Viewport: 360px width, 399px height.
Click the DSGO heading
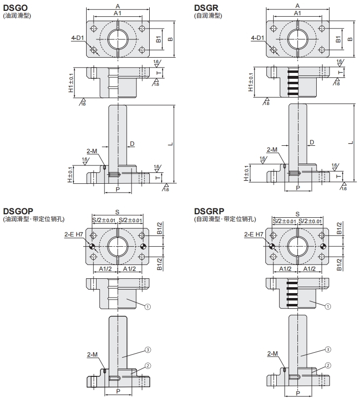point(15,8)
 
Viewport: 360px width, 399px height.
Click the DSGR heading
point(206,8)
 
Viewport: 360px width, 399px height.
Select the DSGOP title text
point(18,211)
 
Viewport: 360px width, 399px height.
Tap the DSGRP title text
point(209,211)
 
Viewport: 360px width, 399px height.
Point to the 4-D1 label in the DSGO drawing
point(78,38)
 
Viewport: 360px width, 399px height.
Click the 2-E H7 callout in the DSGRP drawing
point(254,234)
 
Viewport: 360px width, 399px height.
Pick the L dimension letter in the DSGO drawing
point(171,144)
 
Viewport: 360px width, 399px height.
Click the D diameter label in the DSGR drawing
point(312,142)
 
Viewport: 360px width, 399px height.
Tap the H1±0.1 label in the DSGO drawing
point(71,83)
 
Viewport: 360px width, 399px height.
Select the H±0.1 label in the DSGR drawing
point(246,173)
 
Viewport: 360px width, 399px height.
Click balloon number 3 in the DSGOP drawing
point(148,350)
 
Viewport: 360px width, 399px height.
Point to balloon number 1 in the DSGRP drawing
point(328,306)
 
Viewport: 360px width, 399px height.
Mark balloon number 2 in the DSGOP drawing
point(148,366)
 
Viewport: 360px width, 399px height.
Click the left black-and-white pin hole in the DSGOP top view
point(92,246)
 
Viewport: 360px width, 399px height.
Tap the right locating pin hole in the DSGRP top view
point(323,246)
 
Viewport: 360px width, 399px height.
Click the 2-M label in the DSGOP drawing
point(92,355)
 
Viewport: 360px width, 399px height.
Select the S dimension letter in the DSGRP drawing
point(297,214)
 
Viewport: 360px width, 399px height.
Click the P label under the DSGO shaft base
point(118,189)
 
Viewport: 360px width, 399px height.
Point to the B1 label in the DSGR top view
point(338,39)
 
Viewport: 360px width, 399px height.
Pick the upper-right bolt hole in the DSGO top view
point(142,28)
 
